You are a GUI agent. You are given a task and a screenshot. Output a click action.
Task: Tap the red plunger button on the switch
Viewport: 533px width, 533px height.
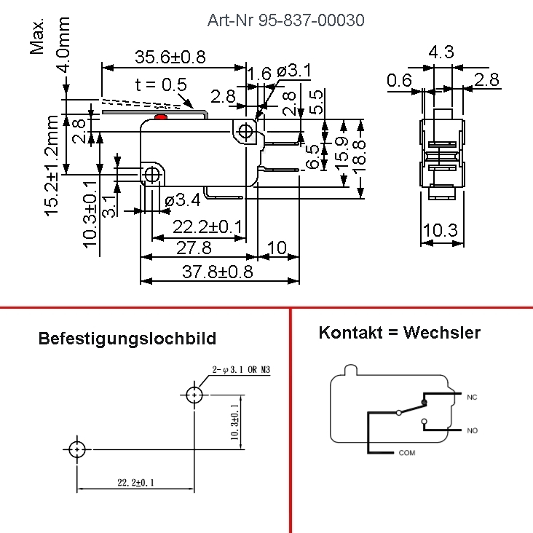click(x=162, y=117)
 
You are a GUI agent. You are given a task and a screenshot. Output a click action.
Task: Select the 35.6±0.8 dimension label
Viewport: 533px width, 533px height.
click(x=170, y=57)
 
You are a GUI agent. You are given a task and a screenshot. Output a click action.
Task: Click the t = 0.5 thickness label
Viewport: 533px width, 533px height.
click(x=161, y=84)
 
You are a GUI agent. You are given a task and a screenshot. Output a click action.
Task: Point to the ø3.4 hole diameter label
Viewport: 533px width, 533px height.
click(x=182, y=199)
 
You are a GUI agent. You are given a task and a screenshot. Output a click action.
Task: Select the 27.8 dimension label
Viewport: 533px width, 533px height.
click(x=194, y=248)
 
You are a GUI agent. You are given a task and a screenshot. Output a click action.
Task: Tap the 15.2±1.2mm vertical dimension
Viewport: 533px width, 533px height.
click(x=52, y=165)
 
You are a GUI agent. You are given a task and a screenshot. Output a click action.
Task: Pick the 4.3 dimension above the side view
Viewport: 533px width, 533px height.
click(x=441, y=52)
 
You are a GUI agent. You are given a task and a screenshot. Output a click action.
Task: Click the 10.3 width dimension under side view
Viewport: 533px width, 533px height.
click(x=440, y=231)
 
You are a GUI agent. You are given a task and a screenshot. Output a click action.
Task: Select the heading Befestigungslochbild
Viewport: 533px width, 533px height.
click(x=127, y=339)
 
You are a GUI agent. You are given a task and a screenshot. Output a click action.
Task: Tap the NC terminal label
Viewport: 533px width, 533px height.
click(x=472, y=398)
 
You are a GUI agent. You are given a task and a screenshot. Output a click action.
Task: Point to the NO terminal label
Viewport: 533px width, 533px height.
click(x=472, y=431)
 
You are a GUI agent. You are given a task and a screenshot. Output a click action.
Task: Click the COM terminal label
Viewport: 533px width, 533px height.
click(x=407, y=453)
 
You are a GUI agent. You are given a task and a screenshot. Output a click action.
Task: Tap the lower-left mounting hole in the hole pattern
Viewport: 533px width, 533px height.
click(x=78, y=449)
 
